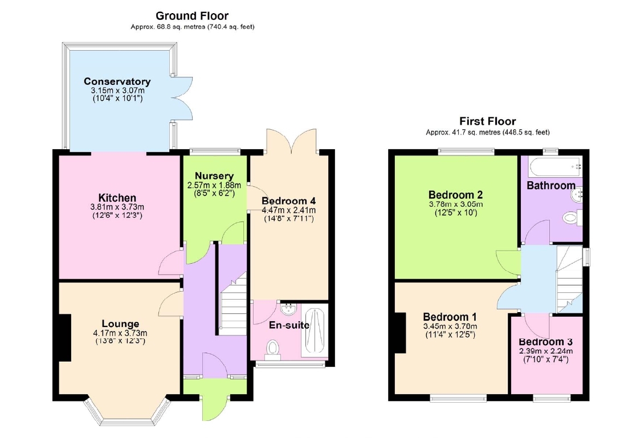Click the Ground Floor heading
coord(192,16)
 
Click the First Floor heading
coord(488,121)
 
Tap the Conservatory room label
coord(117,81)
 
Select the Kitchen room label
coord(117,198)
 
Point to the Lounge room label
coord(120,324)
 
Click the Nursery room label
coord(214,176)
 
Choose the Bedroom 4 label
coord(289,201)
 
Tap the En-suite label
coord(289,325)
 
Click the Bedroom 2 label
coord(455,195)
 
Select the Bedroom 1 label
coord(450,317)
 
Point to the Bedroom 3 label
coord(546,342)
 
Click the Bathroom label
coord(551,186)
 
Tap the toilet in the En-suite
coord(272,349)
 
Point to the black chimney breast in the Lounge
coord(64,338)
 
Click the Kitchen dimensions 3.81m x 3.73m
coord(117,207)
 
